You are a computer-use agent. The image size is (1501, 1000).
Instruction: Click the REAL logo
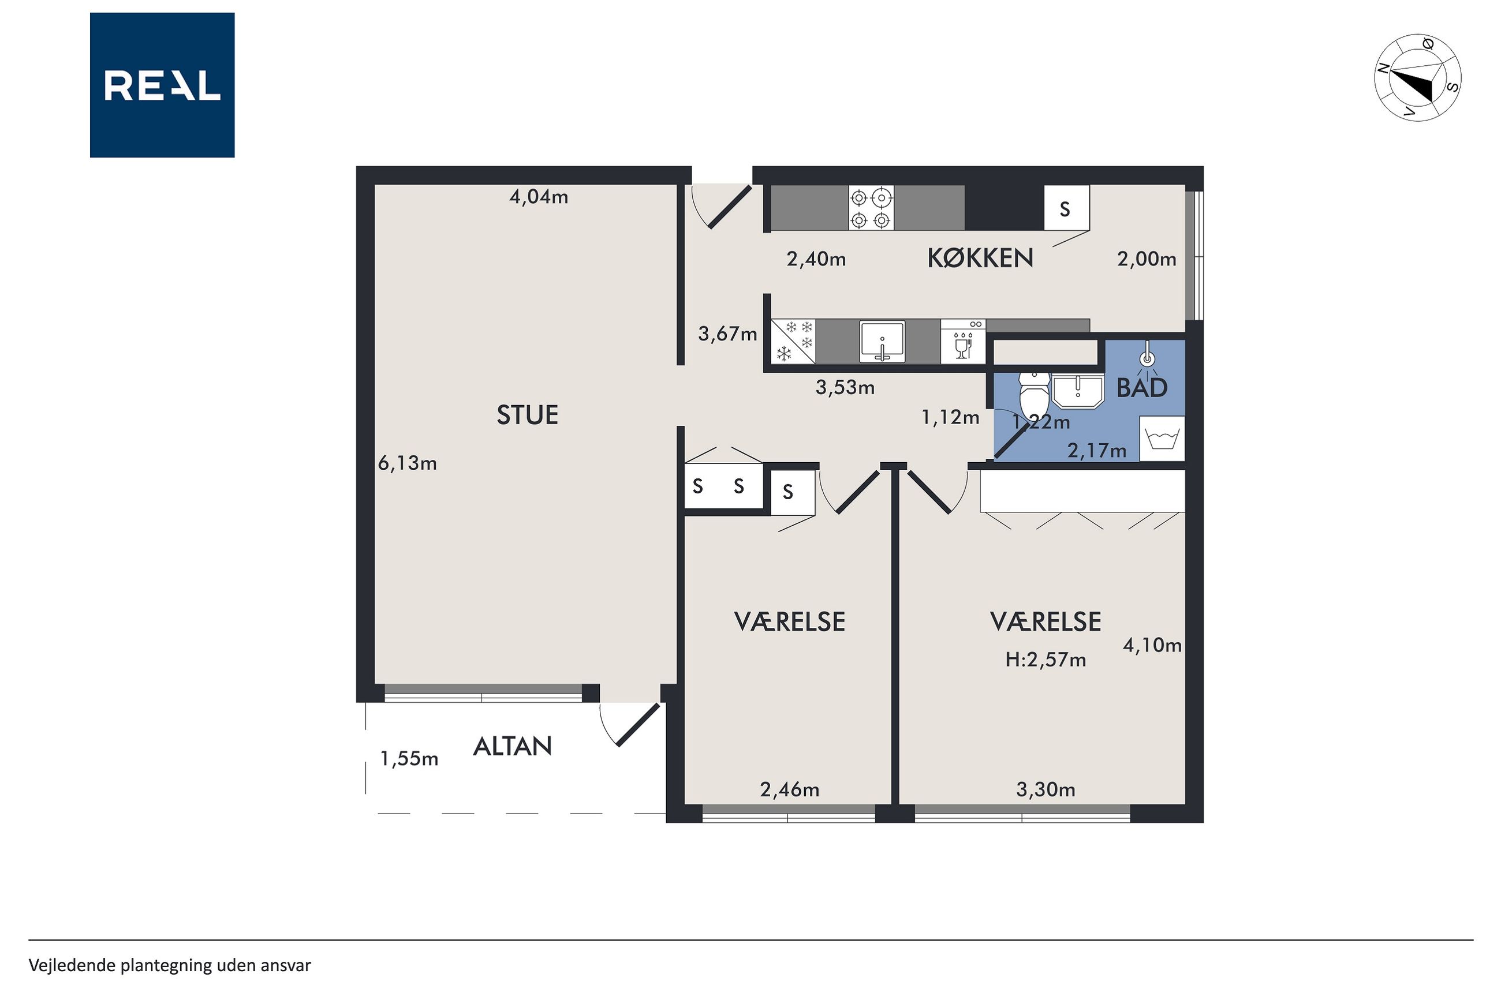[x=162, y=85]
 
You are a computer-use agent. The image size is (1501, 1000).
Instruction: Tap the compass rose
[x=1417, y=77]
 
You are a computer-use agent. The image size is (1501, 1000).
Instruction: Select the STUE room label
[x=528, y=415]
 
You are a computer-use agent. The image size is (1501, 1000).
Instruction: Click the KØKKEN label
[x=980, y=258]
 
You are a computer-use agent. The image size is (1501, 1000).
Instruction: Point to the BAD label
[x=1142, y=388]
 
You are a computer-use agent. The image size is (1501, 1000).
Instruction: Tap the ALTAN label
[x=512, y=746]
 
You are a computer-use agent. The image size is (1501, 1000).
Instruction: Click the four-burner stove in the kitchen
[x=871, y=208]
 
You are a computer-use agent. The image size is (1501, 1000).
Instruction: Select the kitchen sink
[x=882, y=342]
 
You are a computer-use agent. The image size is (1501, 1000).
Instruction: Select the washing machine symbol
[x=1162, y=438]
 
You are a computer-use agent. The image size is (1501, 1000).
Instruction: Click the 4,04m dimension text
[x=539, y=197]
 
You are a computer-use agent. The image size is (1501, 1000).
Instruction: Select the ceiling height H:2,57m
[x=1046, y=660]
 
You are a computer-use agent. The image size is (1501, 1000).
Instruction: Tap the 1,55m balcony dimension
[x=409, y=758]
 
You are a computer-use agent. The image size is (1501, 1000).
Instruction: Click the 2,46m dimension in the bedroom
[x=790, y=790]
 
